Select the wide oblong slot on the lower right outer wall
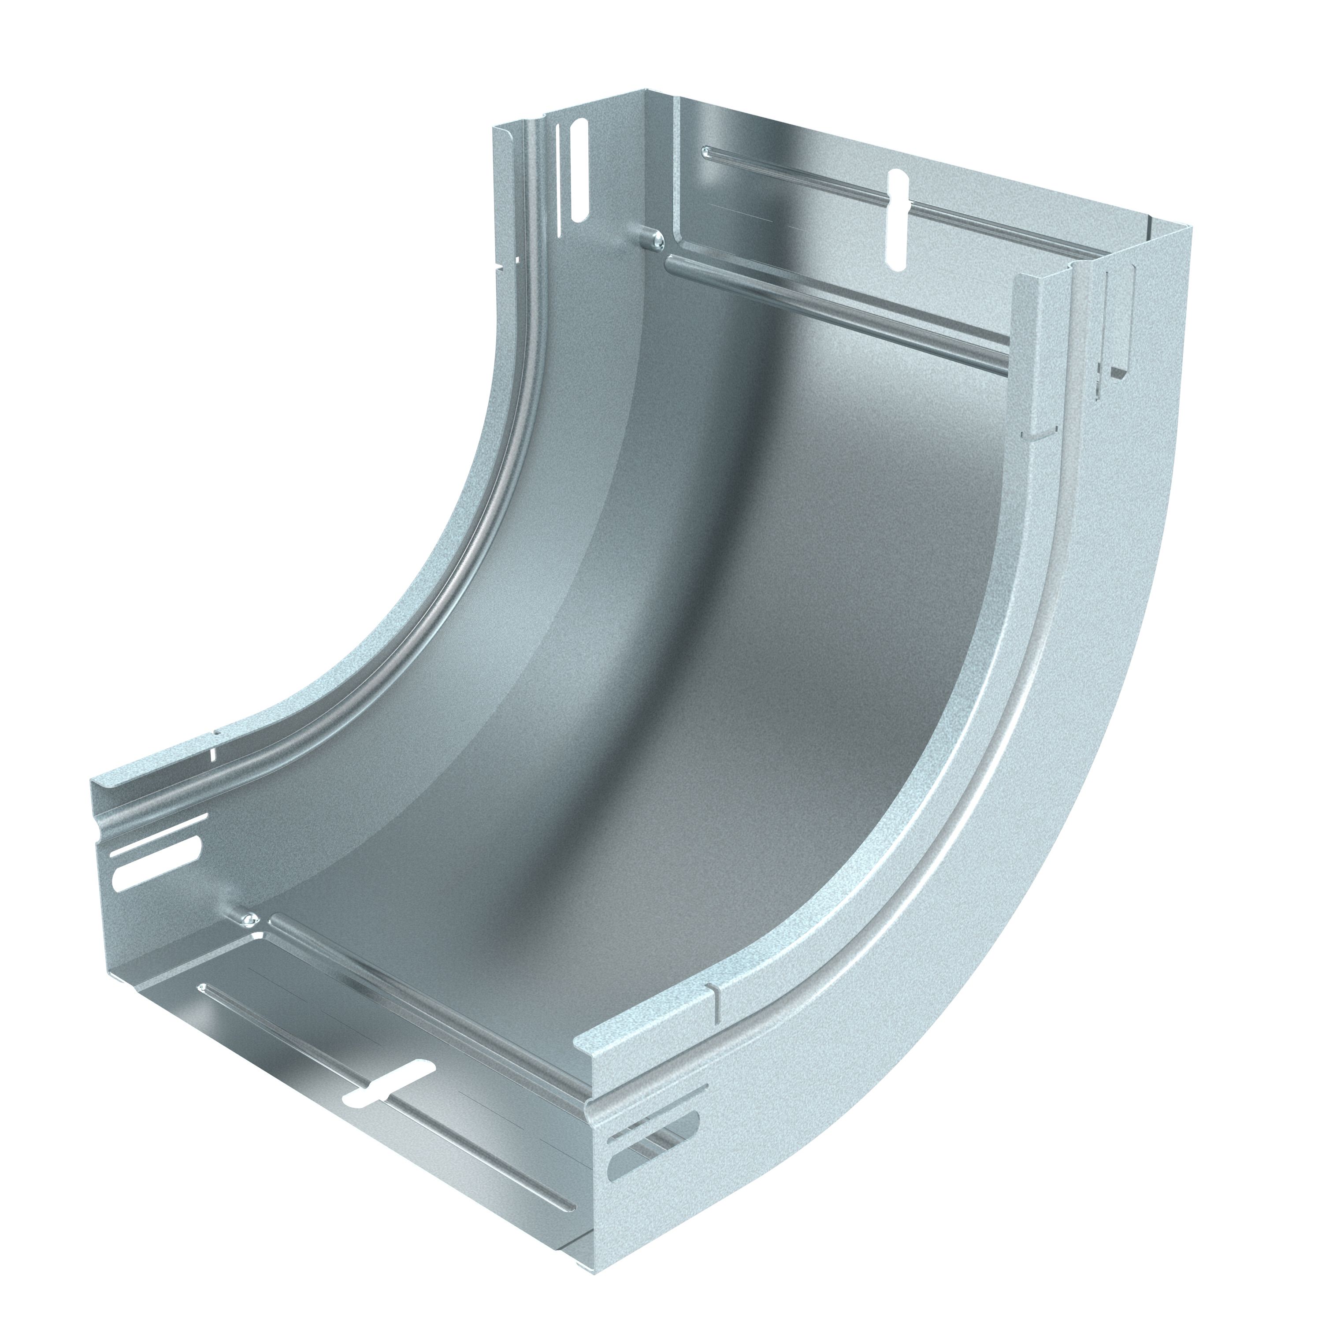click(x=654, y=1095)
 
